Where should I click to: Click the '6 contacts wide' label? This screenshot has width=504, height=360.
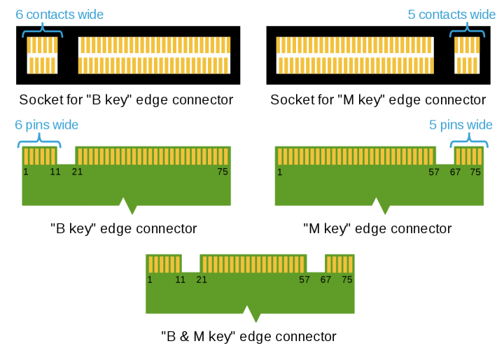click(59, 15)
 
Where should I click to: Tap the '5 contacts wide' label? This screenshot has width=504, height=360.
click(451, 15)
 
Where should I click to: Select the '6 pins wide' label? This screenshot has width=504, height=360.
click(47, 125)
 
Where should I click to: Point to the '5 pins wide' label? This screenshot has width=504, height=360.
click(461, 125)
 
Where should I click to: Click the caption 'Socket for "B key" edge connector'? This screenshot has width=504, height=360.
click(126, 99)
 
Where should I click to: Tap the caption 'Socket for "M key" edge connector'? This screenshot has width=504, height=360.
click(378, 99)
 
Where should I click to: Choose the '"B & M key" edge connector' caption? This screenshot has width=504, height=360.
click(248, 336)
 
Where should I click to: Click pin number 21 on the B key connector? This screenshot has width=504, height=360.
click(77, 172)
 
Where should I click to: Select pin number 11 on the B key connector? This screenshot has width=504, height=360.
click(55, 172)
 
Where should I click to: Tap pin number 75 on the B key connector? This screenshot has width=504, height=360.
click(223, 172)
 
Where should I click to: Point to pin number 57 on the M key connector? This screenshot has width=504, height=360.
click(433, 172)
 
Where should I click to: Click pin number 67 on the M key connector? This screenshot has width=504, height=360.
click(455, 172)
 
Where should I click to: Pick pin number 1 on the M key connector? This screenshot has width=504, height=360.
click(279, 172)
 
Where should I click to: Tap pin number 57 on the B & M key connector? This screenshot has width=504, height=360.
click(304, 279)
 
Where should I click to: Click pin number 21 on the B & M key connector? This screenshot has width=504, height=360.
click(202, 279)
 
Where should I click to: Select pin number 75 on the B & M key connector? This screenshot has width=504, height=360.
click(346, 279)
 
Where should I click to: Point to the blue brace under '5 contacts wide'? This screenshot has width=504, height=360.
click(467, 32)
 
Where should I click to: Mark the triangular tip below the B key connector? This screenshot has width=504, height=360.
click(132, 214)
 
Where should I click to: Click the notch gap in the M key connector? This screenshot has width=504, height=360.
click(445, 155)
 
